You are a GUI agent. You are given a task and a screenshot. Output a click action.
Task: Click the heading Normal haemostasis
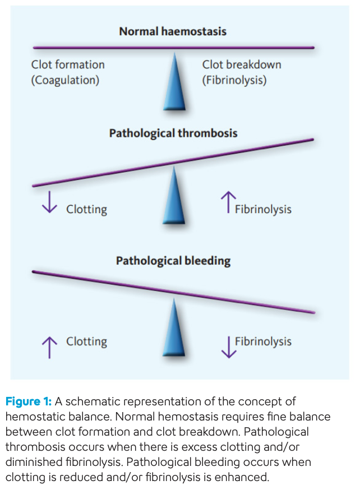click(173, 31)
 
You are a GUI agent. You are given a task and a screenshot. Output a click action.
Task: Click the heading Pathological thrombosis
click(173, 133)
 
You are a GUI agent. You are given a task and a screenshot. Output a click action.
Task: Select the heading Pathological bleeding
click(173, 261)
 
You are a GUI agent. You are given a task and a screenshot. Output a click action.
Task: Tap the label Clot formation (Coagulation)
click(68, 72)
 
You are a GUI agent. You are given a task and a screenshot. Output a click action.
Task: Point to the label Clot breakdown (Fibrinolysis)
click(241, 72)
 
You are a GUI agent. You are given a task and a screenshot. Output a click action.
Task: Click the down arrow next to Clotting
click(49, 203)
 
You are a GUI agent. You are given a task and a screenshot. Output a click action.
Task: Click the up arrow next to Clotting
click(49, 346)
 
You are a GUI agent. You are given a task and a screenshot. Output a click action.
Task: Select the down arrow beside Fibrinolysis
click(228, 346)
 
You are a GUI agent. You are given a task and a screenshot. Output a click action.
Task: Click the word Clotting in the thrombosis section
click(86, 210)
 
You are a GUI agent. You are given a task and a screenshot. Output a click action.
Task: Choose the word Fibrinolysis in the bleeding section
click(263, 341)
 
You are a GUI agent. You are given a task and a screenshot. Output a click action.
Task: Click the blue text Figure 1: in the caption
click(29, 401)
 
